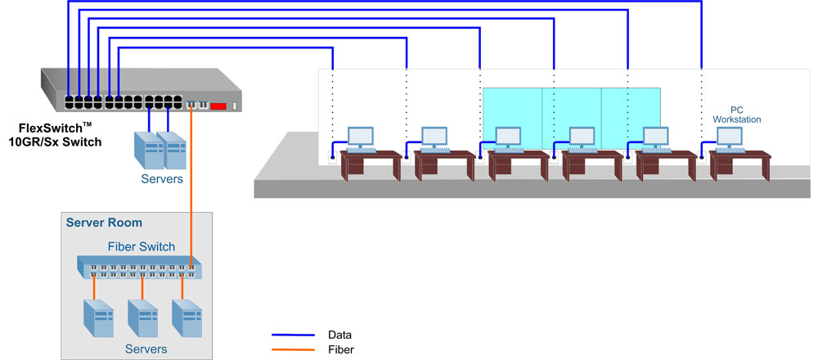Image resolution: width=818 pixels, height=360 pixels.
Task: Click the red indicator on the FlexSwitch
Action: [x=218, y=106]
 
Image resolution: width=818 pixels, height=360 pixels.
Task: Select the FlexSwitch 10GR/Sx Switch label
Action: [x=55, y=134]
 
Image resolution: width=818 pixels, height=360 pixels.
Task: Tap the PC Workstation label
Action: [x=737, y=115]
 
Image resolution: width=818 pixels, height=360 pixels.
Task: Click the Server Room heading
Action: [x=104, y=223]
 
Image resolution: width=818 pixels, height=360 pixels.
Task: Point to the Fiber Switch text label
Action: [x=142, y=247]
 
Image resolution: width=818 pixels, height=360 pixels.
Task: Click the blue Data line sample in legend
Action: [x=293, y=335]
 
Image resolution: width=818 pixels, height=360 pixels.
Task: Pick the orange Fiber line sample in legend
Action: [x=293, y=349]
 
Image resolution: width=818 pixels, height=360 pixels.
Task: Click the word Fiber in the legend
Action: [x=340, y=349]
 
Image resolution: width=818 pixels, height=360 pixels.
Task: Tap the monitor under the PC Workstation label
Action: [x=730, y=137]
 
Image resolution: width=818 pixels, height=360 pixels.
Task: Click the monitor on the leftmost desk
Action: [x=361, y=137]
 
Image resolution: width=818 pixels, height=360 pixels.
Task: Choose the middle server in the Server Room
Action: [x=142, y=318]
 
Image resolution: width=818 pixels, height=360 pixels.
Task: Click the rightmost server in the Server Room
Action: [x=187, y=318]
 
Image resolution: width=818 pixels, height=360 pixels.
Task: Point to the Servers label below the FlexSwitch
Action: [x=162, y=179]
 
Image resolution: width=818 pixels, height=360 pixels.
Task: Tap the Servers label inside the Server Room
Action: [x=146, y=349]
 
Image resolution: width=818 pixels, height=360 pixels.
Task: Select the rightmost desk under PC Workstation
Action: [x=739, y=165]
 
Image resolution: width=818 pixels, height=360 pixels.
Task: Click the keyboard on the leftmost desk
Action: [x=361, y=151]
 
